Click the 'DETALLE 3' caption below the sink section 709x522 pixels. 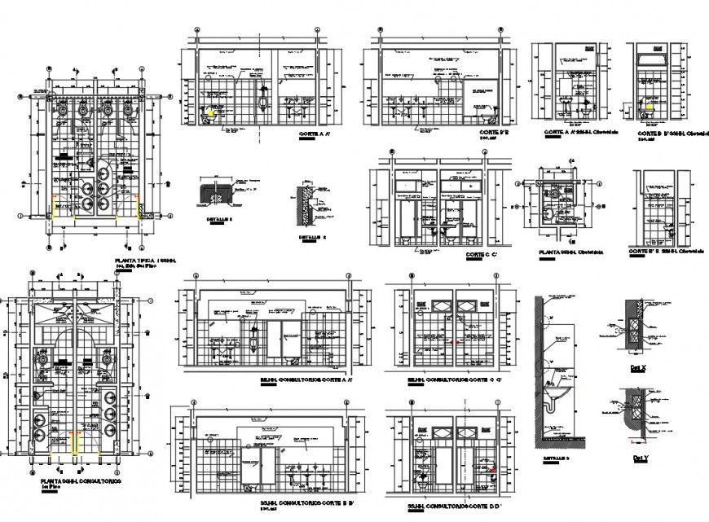click(x=557, y=459)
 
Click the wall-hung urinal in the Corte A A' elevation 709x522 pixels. click(x=260, y=102)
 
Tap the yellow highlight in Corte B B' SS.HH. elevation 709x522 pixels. click(x=650, y=103)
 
